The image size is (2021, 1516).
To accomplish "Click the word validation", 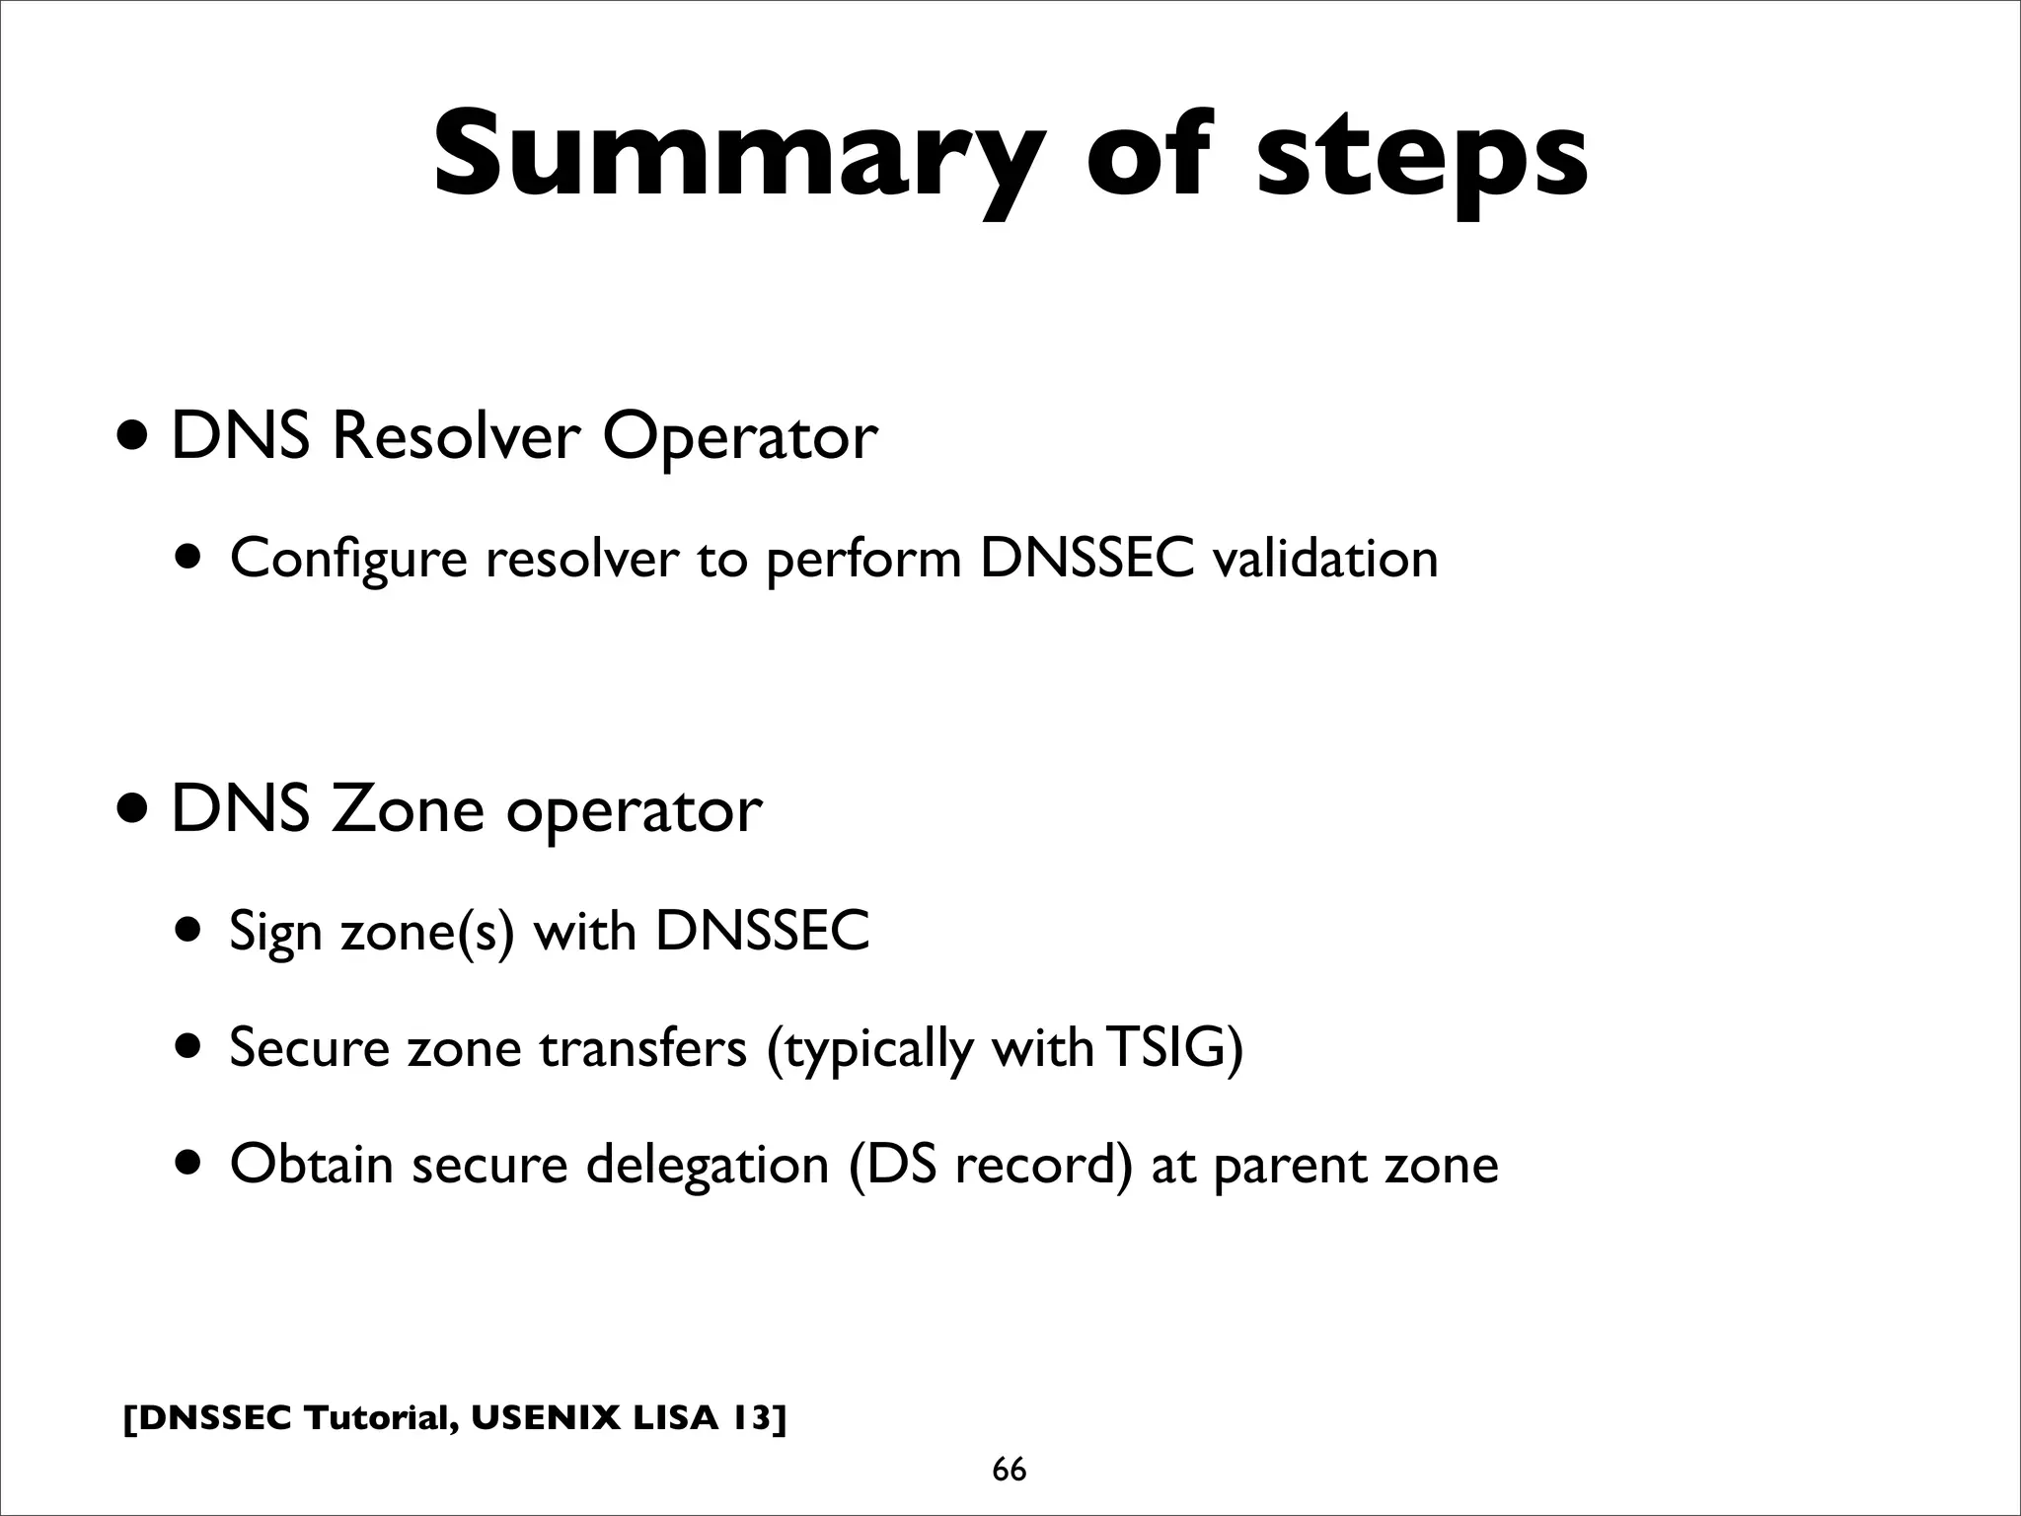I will point(1325,559).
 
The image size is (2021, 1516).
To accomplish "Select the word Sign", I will point(275,933).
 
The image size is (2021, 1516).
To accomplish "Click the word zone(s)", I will point(427,931).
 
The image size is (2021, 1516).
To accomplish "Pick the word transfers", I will point(643,1047).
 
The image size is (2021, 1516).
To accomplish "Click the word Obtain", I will point(312,1164).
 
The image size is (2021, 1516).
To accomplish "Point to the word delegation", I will point(707,1166).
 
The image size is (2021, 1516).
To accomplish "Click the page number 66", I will point(1009,1470).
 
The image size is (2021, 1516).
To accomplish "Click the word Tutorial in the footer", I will point(380,1417).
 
